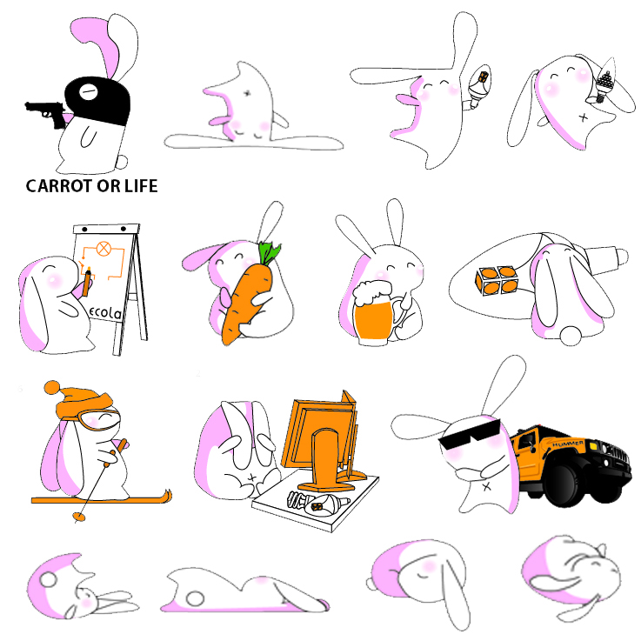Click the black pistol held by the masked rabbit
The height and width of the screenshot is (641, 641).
[x=46, y=112]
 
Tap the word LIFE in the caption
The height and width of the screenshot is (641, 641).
[x=141, y=186]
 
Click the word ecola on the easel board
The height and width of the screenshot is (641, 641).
[x=105, y=313]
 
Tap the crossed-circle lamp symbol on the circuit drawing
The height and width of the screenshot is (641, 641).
[x=103, y=248]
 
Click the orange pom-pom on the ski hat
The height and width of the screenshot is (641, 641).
[x=52, y=387]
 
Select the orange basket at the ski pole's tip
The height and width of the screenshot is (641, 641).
[x=79, y=517]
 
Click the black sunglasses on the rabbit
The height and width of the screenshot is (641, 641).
[x=471, y=434]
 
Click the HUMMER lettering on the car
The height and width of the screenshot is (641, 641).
[x=568, y=444]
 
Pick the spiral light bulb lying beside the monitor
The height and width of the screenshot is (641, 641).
[x=317, y=503]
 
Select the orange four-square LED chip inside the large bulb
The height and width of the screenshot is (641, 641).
[x=497, y=281]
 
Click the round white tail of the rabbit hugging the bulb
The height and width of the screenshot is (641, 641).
[x=571, y=336]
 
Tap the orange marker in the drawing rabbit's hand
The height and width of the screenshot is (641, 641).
[x=87, y=282]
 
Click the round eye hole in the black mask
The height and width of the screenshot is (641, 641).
[x=89, y=91]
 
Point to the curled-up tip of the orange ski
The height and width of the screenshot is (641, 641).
[x=167, y=496]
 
